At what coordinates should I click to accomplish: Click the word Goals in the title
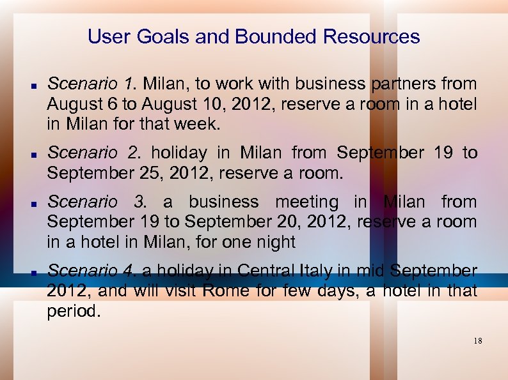click(160, 37)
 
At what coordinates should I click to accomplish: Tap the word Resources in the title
click(372, 37)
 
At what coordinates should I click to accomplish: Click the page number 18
click(478, 341)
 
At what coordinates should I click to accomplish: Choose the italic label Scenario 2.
click(94, 153)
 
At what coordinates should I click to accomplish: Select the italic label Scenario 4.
click(93, 271)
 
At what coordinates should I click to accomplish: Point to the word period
click(74, 311)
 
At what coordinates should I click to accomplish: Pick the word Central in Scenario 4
click(266, 271)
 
